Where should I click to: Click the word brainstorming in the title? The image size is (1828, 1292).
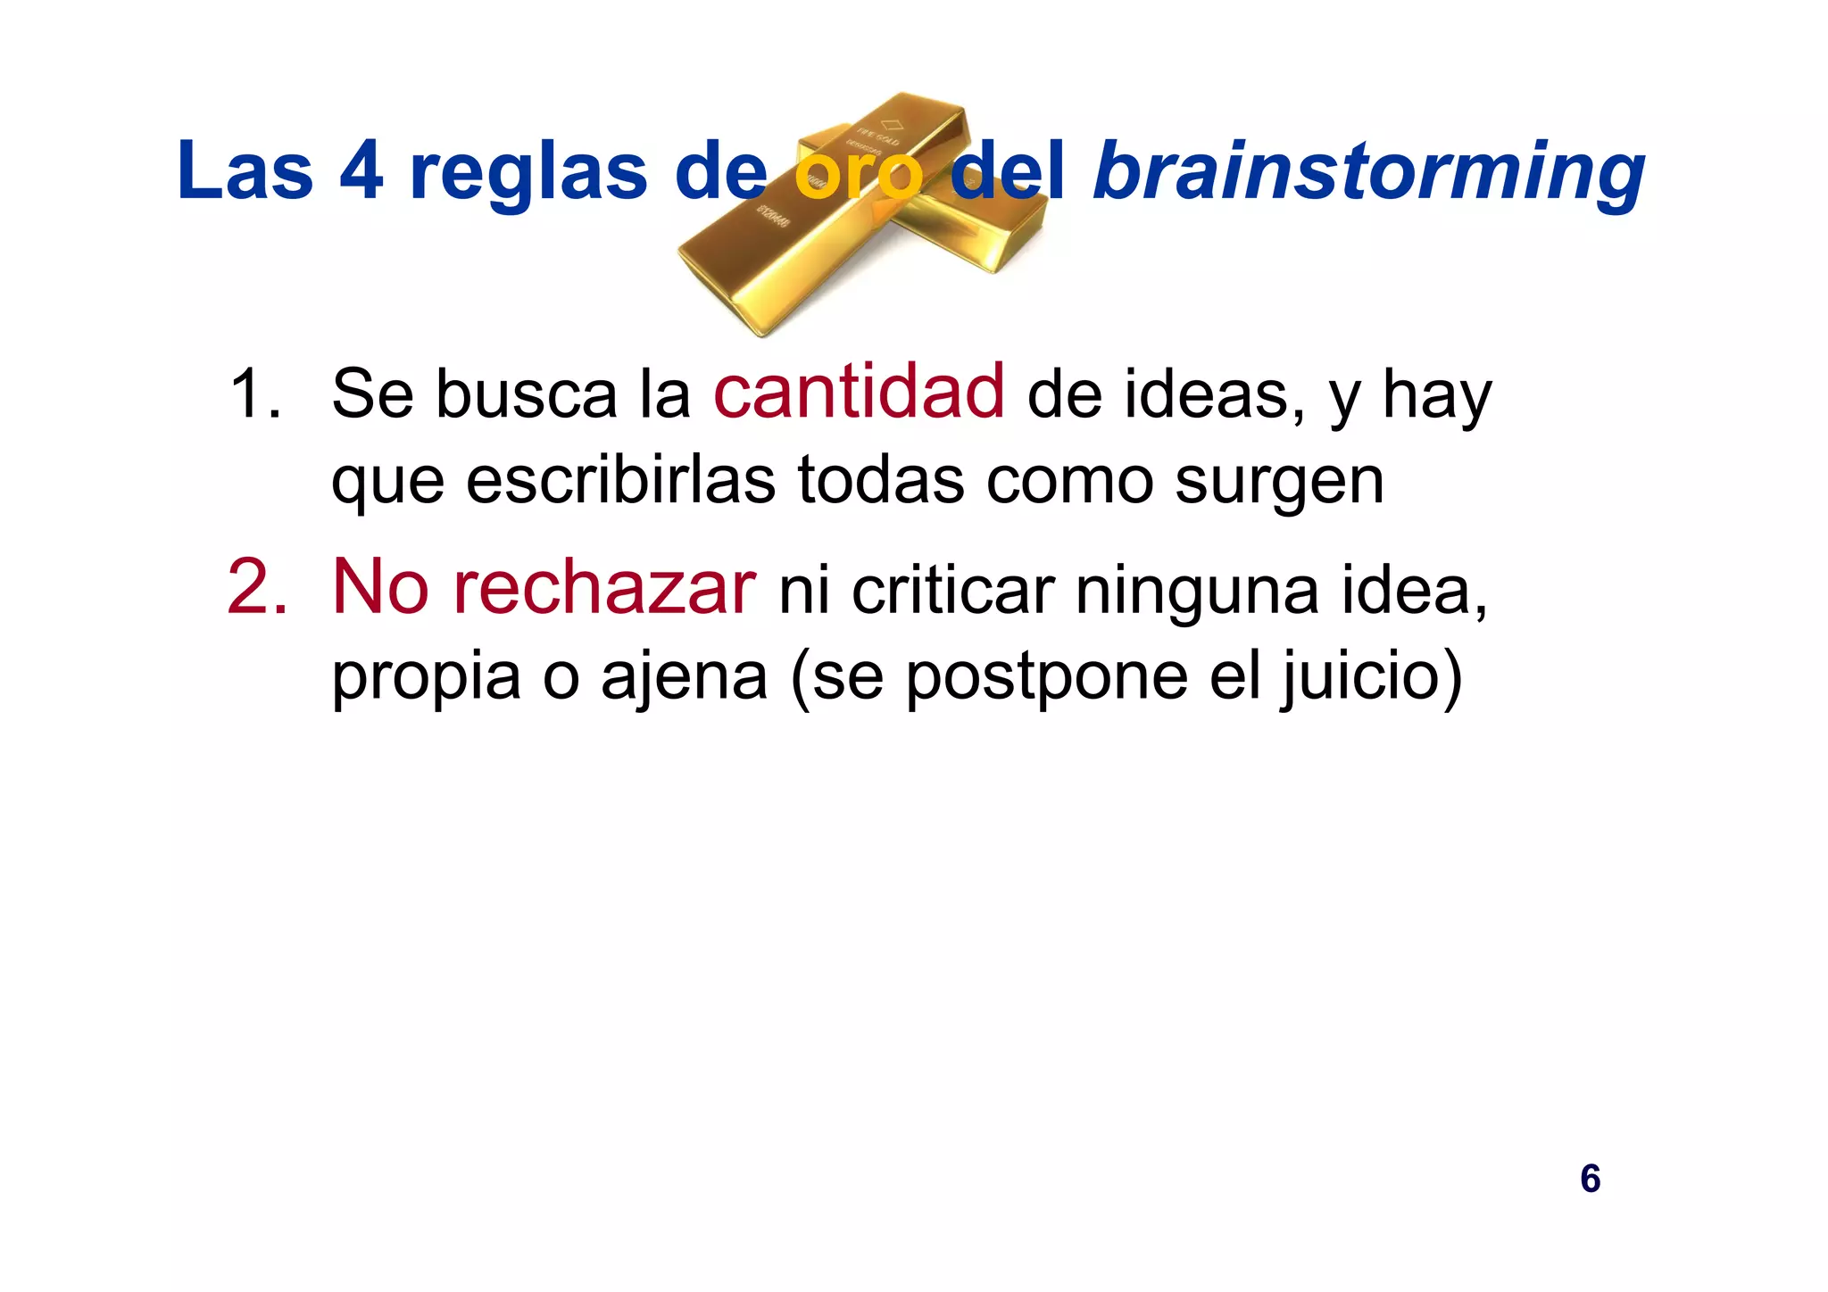coord(1367,171)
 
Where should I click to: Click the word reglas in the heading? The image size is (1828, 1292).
coord(528,174)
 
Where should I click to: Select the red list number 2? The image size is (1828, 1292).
coord(257,587)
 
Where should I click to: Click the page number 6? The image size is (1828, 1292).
coord(1590,1179)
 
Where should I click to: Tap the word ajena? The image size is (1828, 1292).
coord(684,677)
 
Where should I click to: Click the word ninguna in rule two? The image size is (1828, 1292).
coord(1196,592)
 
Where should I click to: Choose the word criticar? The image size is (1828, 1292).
coord(952,590)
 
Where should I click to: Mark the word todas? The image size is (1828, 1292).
coord(880,479)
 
